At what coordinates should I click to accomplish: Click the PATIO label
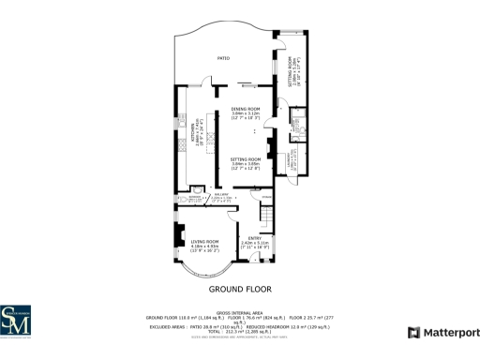point(223,58)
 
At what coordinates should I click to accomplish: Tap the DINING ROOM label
point(246,109)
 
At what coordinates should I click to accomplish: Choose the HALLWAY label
point(221,194)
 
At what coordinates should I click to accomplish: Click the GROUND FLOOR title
point(240,290)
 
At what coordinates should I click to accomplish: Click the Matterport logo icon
point(413,333)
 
